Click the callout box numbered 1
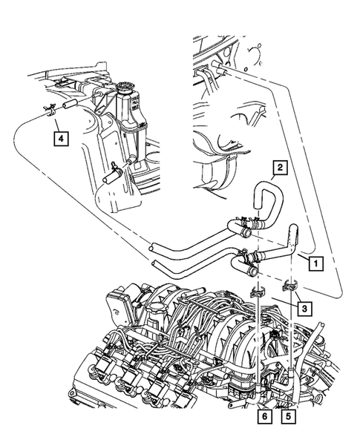coord(315,262)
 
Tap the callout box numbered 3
coord(301,306)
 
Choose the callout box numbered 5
coord(289,418)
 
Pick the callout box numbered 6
coord(262,418)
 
